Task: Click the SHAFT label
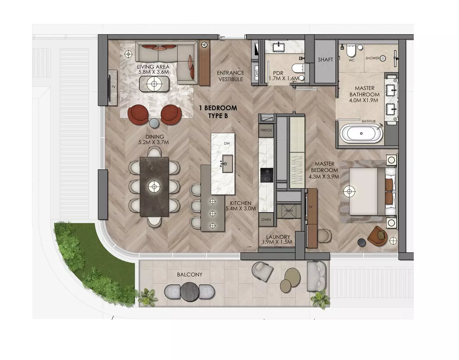click(x=325, y=60)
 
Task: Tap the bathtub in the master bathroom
click(x=361, y=133)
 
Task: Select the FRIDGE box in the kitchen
click(x=266, y=130)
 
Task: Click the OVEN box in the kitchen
click(x=266, y=220)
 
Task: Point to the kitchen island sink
click(x=227, y=164)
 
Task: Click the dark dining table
click(x=154, y=187)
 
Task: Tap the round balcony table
click(x=189, y=292)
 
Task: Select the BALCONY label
click(x=190, y=275)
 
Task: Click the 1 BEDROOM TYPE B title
click(x=218, y=112)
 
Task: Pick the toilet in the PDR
click(x=298, y=68)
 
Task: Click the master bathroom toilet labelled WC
click(x=351, y=51)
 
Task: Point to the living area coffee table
click(x=154, y=84)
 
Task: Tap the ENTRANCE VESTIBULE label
click(x=231, y=76)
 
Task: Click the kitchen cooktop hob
click(x=266, y=175)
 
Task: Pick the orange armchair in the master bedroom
click(x=378, y=236)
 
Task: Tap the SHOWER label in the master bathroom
click(x=372, y=58)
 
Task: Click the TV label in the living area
click(x=114, y=87)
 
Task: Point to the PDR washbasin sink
click(x=279, y=47)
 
